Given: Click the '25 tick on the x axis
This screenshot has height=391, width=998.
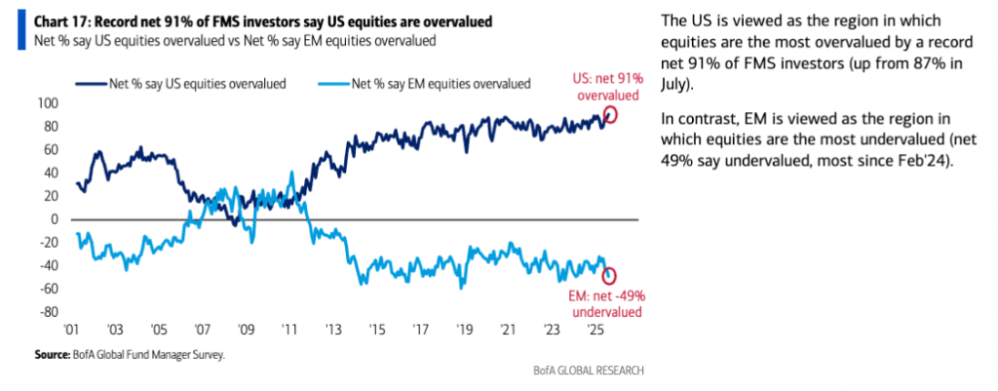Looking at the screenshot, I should tap(591, 331).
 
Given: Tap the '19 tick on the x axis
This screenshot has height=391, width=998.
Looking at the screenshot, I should tap(463, 331).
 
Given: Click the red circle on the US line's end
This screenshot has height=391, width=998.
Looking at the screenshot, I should tap(611, 115).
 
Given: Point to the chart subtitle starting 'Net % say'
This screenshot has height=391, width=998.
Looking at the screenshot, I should tap(234, 40).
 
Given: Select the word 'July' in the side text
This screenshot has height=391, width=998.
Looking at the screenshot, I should tap(678, 86).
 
